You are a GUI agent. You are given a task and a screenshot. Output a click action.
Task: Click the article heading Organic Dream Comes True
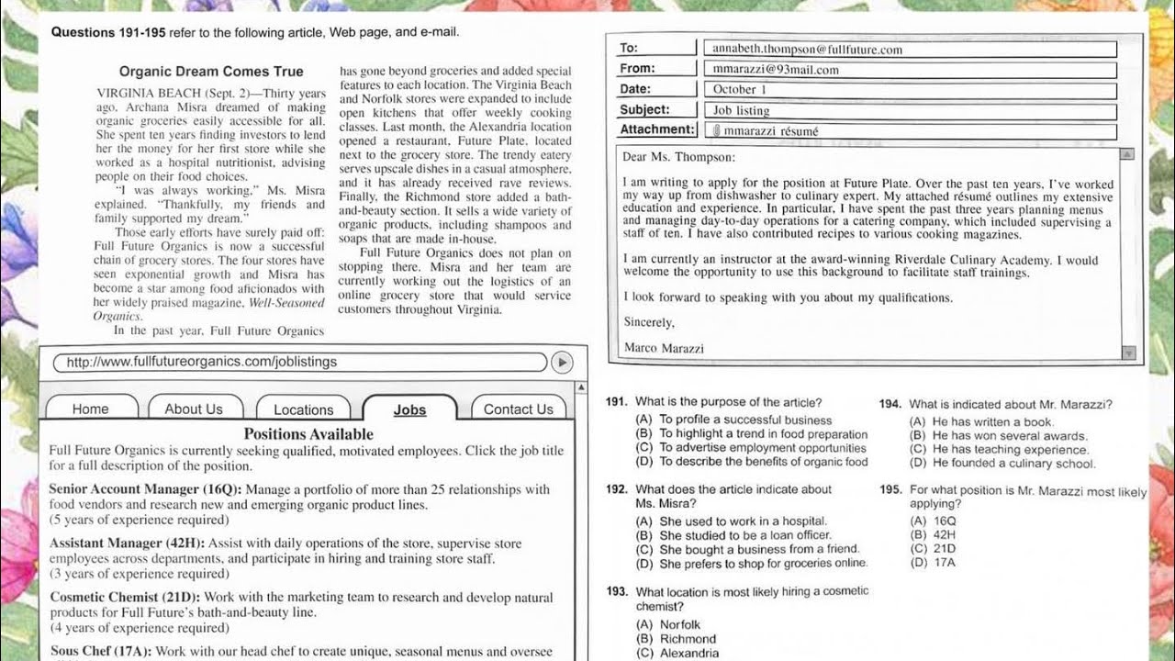[x=211, y=71]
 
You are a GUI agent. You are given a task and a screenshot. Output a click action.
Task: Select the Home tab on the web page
[x=90, y=409]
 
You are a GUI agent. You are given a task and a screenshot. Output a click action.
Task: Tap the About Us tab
[x=194, y=409]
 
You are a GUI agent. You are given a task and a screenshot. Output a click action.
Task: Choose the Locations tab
[x=303, y=409]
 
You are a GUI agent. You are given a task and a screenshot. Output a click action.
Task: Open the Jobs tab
[x=409, y=409]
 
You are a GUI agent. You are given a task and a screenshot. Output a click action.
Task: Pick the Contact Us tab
[x=519, y=409]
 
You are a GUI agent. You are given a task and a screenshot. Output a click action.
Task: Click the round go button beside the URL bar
[x=562, y=362]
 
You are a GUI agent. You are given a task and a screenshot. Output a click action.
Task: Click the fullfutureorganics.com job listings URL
[x=202, y=362]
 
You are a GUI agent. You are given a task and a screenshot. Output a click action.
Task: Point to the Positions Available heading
[x=308, y=433]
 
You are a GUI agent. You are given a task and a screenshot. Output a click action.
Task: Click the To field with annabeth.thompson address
[x=913, y=50]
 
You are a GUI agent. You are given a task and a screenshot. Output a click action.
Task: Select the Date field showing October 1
[x=913, y=90]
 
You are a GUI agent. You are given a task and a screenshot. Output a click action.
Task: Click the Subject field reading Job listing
[x=913, y=110]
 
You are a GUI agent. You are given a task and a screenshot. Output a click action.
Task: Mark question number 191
[x=616, y=402]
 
